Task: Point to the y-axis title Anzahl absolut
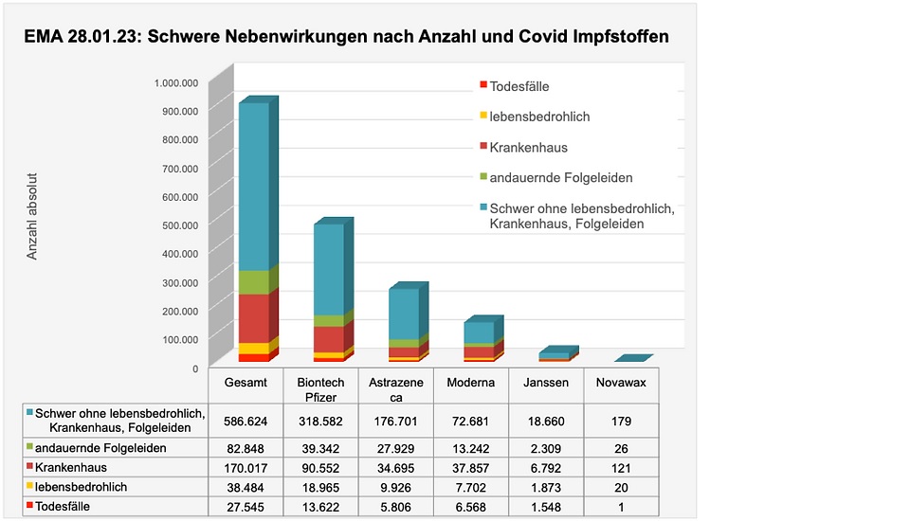[x=32, y=216]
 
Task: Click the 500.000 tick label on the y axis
[x=176, y=225]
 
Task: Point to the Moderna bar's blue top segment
[x=479, y=332]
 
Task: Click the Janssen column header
[x=546, y=382]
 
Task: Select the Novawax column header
[x=620, y=382]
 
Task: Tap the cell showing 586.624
[x=246, y=421]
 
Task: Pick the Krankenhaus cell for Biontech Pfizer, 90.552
[x=320, y=466]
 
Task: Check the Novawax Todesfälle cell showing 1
[x=620, y=507]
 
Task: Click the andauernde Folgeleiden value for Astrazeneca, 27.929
[x=396, y=446]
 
